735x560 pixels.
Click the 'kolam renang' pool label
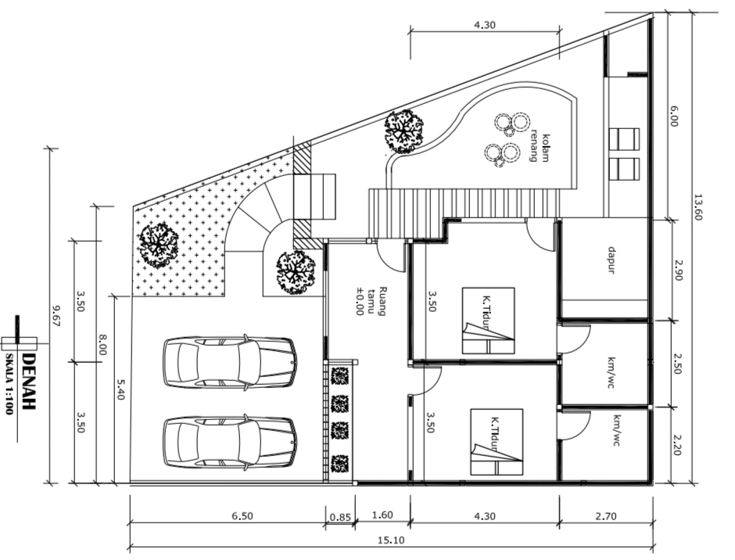[539, 148]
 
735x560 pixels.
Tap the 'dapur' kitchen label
[611, 260]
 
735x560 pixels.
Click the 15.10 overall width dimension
[391, 540]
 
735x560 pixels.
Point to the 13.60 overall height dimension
[698, 206]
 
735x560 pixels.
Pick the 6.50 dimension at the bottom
[242, 516]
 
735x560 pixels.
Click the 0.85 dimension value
[340, 517]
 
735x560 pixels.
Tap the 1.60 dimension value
[382, 515]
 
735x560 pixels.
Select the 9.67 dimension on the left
[56, 316]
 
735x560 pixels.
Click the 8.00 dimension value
[102, 344]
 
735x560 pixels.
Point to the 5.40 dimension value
[120, 389]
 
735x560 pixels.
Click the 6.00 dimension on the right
[673, 116]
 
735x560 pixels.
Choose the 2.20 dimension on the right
[676, 445]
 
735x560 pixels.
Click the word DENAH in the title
[29, 382]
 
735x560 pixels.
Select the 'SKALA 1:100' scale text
[9, 384]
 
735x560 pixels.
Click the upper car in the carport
[230, 362]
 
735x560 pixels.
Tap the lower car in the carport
[230, 442]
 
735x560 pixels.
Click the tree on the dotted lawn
[158, 246]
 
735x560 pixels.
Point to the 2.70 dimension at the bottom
[606, 516]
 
